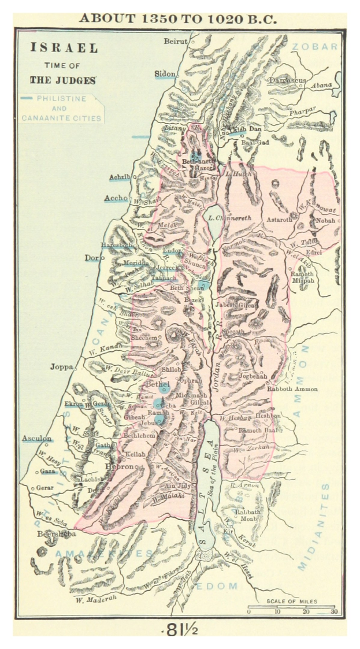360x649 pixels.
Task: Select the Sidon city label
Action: pos(165,74)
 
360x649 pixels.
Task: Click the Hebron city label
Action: pos(119,466)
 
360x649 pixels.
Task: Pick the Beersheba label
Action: pos(57,534)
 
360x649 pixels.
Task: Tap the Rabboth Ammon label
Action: pos(292,389)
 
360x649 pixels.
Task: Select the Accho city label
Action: pos(116,198)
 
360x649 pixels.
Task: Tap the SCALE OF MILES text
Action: pos(292,601)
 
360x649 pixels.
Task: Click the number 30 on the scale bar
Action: pos(333,611)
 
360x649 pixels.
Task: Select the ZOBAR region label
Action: pos(314,46)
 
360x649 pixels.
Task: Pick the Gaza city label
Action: pos(47,472)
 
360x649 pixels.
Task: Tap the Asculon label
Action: pos(36,439)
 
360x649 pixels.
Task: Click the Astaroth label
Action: pos(280,220)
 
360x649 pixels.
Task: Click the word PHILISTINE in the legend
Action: pos(61,99)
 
